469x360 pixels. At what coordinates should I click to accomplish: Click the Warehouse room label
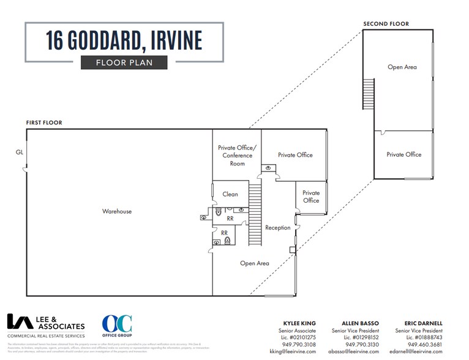click(117, 211)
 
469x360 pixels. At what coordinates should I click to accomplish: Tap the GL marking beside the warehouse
click(20, 152)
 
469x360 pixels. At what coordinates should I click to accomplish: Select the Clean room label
click(230, 194)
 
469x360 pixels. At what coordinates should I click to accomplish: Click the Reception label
click(277, 228)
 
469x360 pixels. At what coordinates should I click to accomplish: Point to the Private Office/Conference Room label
click(237, 156)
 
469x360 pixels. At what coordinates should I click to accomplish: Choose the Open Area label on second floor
click(402, 67)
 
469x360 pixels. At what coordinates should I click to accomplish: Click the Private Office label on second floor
click(403, 154)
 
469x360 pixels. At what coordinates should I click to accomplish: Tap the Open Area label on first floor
click(255, 263)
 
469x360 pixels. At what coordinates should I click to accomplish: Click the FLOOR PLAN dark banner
click(124, 62)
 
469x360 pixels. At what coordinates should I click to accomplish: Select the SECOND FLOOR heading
click(386, 24)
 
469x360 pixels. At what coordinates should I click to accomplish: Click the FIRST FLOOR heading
click(44, 123)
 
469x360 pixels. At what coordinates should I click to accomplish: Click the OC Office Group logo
click(117, 326)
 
